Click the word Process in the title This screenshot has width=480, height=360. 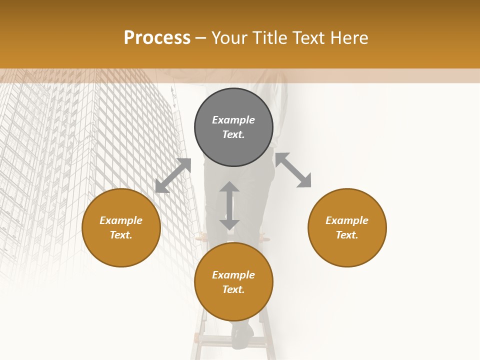[x=157, y=38]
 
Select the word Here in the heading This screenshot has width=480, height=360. [x=349, y=38]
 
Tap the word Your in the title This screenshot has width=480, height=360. [x=228, y=38]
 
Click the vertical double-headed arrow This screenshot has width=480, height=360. [x=229, y=205]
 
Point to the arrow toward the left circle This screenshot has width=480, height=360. [x=173, y=175]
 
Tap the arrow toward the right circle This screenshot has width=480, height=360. [x=293, y=170]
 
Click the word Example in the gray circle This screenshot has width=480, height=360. [x=233, y=120]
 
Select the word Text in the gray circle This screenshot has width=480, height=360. [x=232, y=134]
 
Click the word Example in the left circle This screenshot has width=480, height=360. [x=121, y=220]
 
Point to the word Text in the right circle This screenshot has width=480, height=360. [x=346, y=235]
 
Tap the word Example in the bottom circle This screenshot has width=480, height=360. [x=233, y=275]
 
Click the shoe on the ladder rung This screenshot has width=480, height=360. [x=243, y=335]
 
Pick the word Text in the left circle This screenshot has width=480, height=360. [x=120, y=235]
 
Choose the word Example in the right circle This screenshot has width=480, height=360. [x=347, y=220]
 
